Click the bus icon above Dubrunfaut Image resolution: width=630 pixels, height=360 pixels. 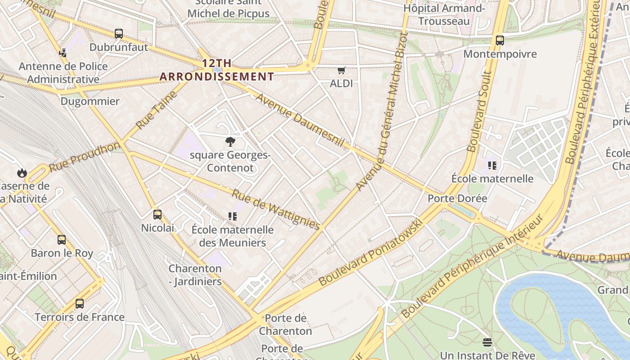point(119,34)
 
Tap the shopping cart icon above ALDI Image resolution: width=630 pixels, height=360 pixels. point(342,70)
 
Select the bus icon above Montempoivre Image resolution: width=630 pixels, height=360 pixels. point(500,40)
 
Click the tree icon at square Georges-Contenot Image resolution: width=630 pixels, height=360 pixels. point(230,142)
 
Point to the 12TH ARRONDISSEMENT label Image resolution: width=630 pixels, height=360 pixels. point(217,70)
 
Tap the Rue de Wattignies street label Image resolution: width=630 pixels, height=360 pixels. point(275,209)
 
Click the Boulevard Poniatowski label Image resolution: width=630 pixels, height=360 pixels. point(371,253)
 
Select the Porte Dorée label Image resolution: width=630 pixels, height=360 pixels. point(457,198)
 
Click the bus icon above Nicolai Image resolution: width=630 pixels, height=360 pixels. point(157,215)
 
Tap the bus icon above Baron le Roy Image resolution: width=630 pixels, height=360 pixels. point(62,240)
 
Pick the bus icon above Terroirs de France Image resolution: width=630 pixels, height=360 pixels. point(80,304)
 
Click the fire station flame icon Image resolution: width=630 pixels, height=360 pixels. point(22,173)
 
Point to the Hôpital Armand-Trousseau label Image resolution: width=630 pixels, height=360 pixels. point(444,14)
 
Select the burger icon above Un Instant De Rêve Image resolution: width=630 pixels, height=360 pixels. point(487,342)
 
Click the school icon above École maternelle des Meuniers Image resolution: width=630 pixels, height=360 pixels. point(233,216)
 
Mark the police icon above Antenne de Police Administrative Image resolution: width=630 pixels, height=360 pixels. point(63,53)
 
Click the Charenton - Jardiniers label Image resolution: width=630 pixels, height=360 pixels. point(195,275)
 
